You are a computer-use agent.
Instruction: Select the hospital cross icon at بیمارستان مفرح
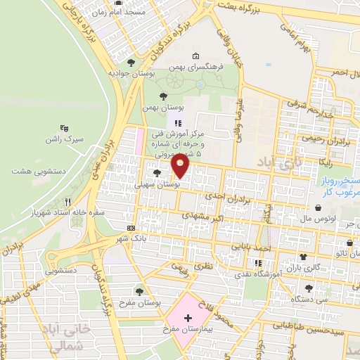coord(188,318)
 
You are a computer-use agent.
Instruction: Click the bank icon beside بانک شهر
coord(131,229)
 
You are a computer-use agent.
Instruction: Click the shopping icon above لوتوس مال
coord(321,208)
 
